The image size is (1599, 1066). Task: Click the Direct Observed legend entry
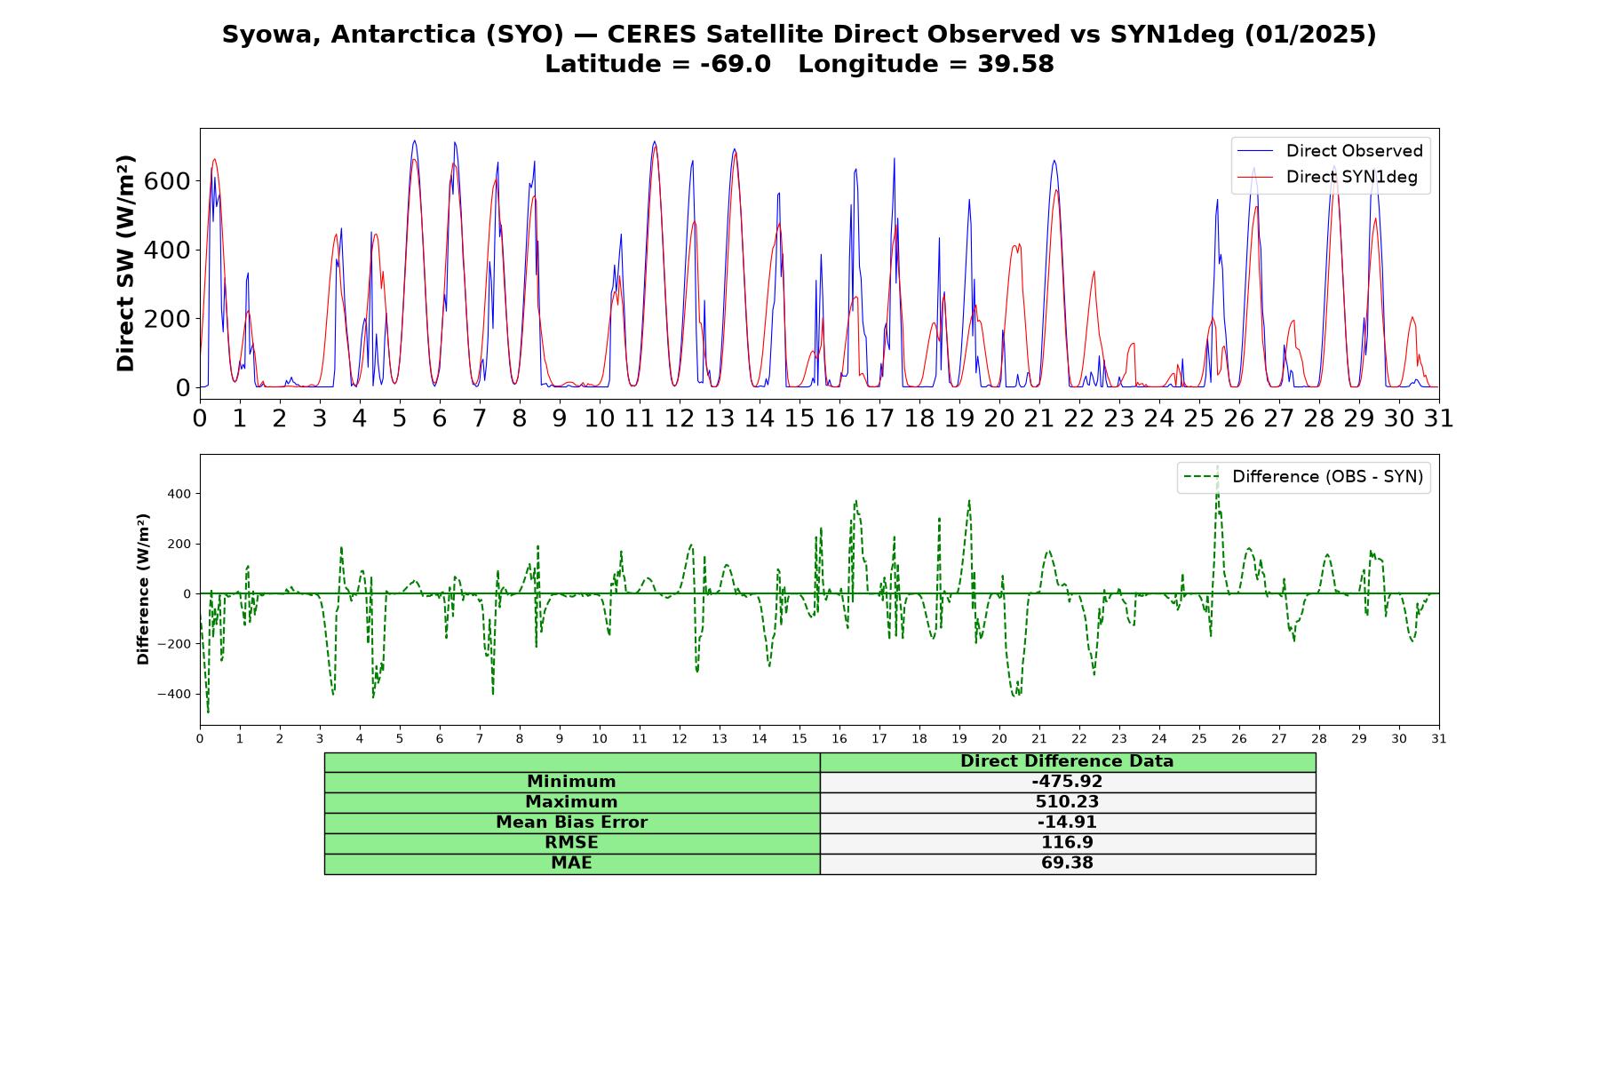click(1331, 151)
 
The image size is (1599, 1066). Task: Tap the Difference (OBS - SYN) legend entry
click(1304, 477)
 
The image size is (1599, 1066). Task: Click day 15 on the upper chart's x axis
click(799, 418)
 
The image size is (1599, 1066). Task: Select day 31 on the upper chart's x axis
click(1438, 418)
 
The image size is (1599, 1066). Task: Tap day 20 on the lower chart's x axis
click(999, 739)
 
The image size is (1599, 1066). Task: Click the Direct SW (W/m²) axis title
click(125, 263)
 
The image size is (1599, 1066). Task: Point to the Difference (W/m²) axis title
click(143, 589)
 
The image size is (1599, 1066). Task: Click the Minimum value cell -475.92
click(1067, 782)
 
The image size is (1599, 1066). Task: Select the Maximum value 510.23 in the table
click(1067, 802)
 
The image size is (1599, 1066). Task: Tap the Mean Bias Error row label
click(571, 823)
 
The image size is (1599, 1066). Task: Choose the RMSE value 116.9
click(1067, 843)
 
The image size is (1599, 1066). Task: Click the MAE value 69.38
click(1067, 863)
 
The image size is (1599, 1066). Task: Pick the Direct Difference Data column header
click(1067, 761)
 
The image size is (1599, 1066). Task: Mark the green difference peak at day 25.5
click(1218, 467)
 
